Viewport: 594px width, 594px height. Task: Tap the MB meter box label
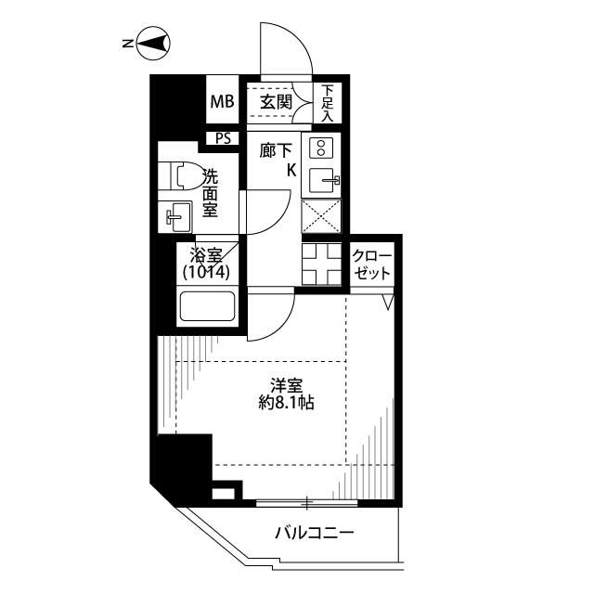pos(223,101)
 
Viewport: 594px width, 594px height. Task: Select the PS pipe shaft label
pos(223,138)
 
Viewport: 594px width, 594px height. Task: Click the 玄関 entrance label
pos(276,102)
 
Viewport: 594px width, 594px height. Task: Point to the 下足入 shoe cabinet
pos(328,103)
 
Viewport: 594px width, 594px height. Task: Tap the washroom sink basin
pos(175,216)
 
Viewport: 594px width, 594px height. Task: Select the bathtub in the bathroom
pos(207,306)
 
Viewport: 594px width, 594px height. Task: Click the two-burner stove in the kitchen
pos(321,148)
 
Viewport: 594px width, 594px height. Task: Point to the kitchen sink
pos(323,180)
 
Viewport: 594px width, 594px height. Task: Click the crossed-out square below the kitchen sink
pos(321,216)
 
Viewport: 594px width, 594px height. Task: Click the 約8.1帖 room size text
pos(286,403)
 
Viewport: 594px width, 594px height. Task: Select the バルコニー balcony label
pos(315,533)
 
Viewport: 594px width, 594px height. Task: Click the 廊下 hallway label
pos(276,151)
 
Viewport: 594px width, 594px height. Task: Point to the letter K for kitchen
pos(291,171)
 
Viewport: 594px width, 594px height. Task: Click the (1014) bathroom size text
pos(206,272)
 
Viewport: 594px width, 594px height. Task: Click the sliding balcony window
pos(307,503)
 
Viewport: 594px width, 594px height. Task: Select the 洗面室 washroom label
pos(210,193)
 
